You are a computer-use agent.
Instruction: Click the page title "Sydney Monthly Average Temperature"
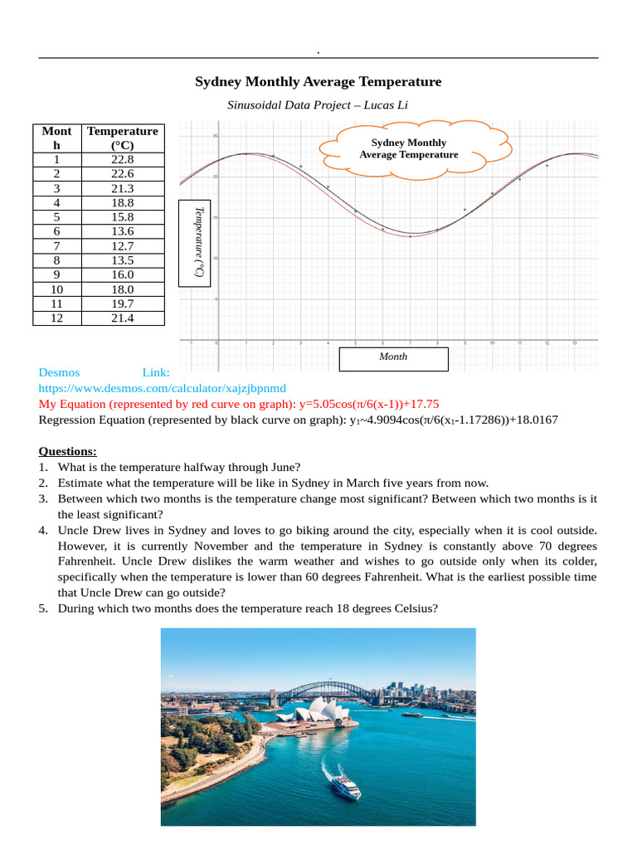point(318,81)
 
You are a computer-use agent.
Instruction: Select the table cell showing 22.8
point(122,159)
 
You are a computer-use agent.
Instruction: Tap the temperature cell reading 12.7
point(122,245)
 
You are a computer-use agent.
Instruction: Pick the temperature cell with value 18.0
point(122,289)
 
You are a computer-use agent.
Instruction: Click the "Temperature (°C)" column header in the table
point(122,138)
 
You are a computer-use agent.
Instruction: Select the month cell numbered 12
point(56,318)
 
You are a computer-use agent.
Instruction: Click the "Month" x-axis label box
point(393,357)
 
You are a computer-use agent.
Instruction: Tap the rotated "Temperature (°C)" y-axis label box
point(198,241)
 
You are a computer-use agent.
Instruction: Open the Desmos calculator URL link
point(162,388)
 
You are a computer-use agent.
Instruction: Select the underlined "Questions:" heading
point(68,451)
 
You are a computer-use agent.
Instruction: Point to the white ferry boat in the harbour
point(344,784)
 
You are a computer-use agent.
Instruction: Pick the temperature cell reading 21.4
point(122,318)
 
